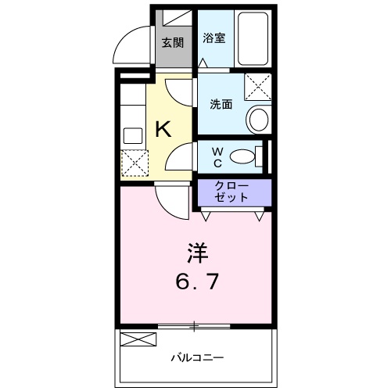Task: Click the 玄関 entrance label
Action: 172,42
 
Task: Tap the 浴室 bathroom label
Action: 214,38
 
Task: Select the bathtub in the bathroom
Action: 253,39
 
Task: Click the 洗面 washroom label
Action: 221,104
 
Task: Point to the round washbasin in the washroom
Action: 257,120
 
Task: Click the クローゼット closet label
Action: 232,192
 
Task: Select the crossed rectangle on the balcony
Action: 138,339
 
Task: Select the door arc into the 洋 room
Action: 170,202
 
